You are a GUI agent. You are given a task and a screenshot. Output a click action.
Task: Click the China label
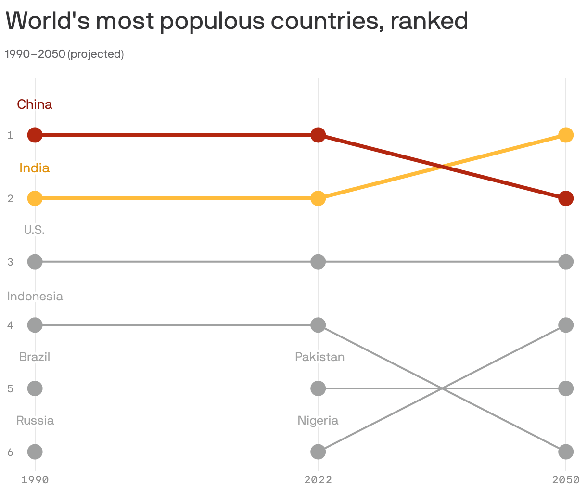pos(35,104)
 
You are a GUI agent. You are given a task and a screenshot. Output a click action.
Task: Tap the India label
pos(35,168)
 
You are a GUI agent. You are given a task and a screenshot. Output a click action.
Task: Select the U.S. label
pos(35,230)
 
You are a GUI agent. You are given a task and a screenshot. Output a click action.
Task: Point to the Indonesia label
pos(35,296)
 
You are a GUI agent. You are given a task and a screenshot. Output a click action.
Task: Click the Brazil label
pos(35,357)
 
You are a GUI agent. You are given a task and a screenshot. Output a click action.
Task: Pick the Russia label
pos(35,420)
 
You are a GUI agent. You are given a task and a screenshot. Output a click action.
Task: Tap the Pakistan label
pos(319,357)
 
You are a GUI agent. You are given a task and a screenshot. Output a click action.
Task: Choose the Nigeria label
pos(318,420)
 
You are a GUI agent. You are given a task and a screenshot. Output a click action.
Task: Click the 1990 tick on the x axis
pos(35,479)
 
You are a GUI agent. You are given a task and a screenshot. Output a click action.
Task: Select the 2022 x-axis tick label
pos(318,479)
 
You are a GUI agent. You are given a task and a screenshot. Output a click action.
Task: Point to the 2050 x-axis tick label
pos(566,479)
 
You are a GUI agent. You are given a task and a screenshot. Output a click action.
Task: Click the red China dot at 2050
pos(566,198)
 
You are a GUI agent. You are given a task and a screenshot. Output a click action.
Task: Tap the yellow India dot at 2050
pos(566,135)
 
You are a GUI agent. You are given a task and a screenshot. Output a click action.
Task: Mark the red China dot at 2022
pos(318,135)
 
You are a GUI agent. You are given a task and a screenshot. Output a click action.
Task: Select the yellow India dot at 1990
pos(35,198)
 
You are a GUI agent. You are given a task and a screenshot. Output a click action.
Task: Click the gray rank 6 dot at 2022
pos(318,452)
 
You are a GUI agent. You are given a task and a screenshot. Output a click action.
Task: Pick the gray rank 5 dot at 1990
pos(35,388)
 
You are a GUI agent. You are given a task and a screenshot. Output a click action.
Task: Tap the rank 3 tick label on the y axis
pos(10,262)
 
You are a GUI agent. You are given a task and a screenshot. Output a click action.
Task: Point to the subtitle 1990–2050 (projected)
pos(64,54)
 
